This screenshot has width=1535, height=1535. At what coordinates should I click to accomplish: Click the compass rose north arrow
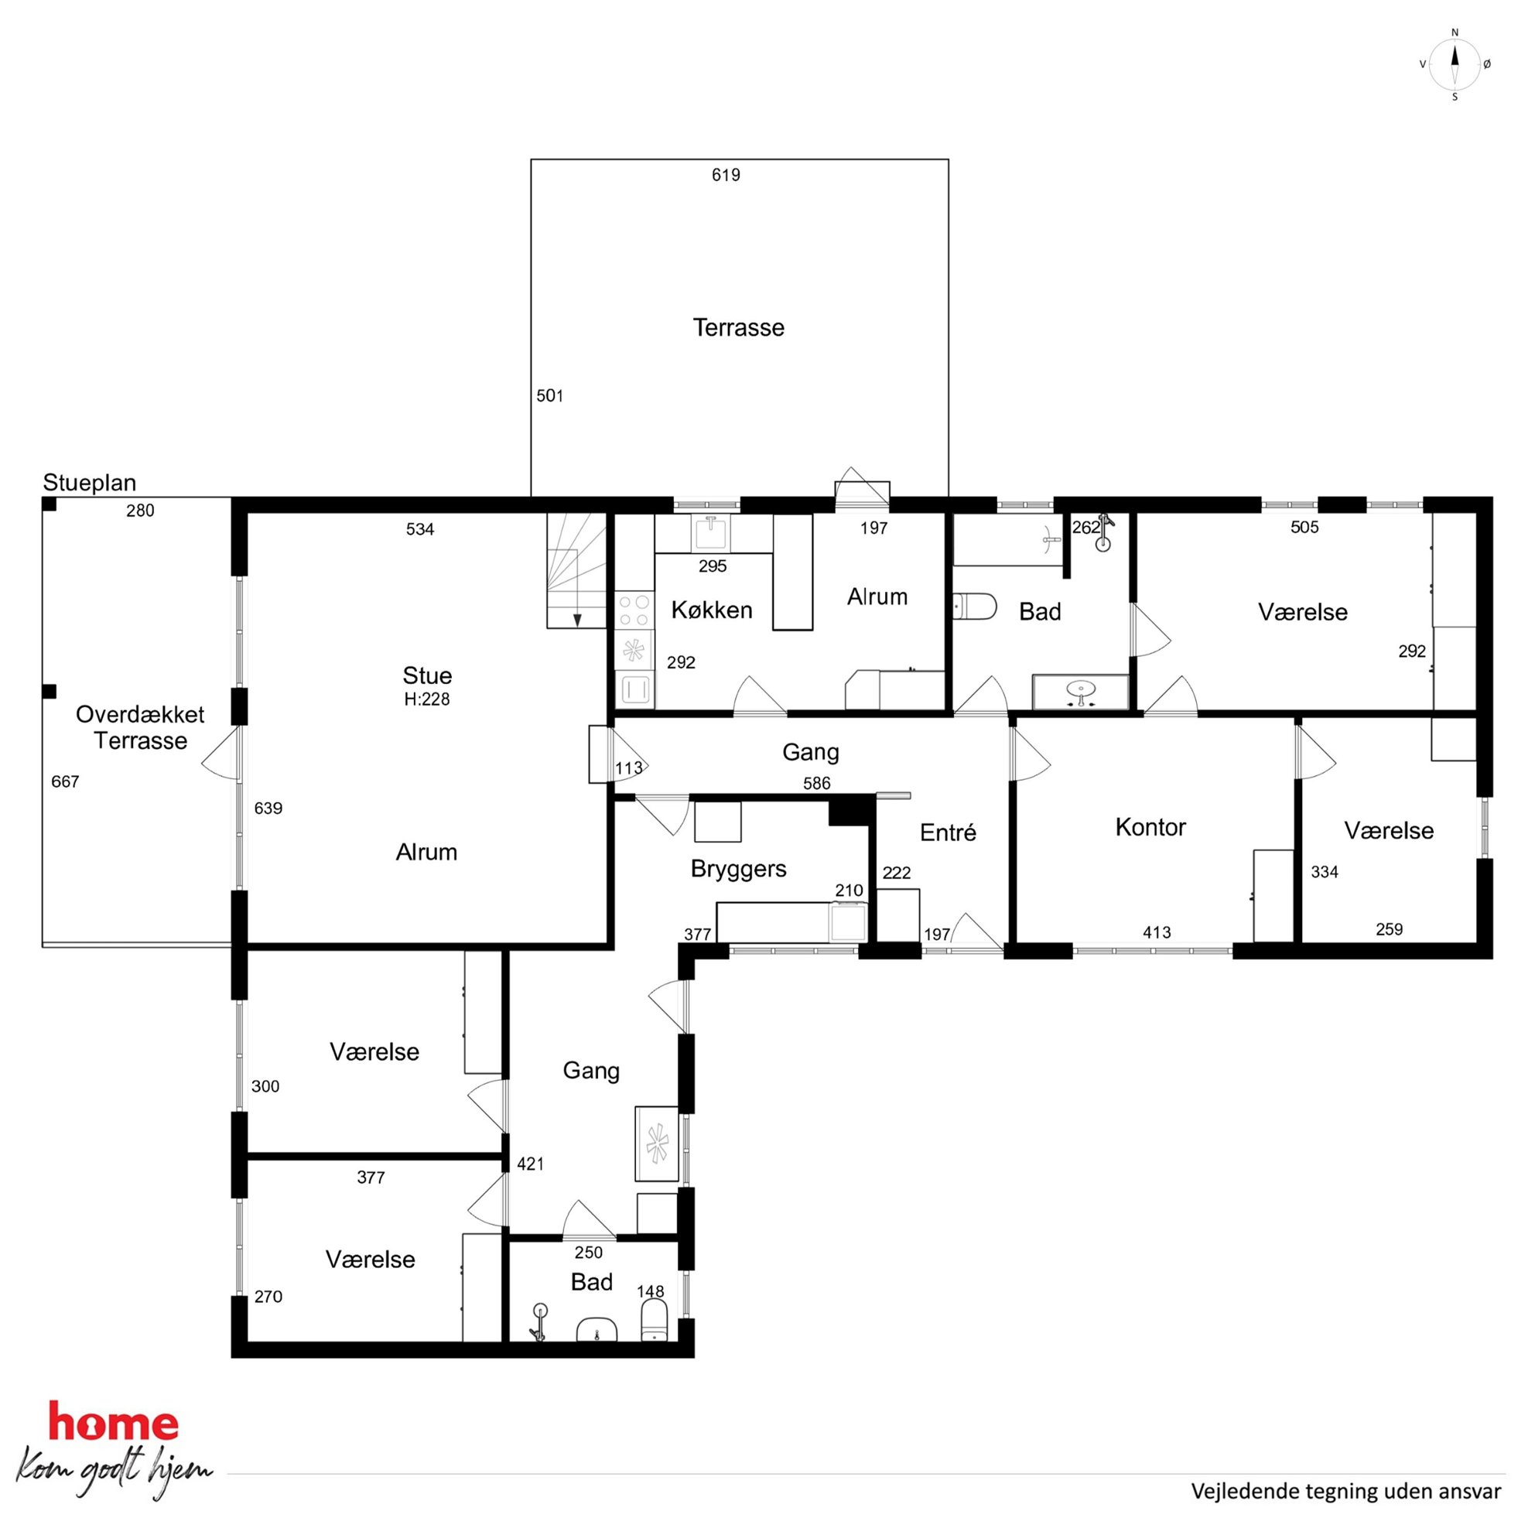(1455, 63)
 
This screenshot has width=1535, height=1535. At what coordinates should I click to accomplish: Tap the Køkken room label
(711, 610)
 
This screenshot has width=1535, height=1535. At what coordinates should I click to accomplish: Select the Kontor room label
(1150, 827)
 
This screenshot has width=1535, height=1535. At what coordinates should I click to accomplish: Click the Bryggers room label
(738, 869)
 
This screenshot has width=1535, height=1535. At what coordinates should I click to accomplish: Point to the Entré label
(947, 832)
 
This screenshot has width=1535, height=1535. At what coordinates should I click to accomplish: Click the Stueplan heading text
(89, 482)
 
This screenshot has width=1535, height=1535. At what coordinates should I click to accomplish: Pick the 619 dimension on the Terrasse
(726, 175)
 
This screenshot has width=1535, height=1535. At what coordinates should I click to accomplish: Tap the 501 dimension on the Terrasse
(549, 395)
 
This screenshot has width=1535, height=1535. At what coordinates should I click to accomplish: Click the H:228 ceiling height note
(426, 699)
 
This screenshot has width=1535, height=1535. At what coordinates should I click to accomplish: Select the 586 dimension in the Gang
(816, 784)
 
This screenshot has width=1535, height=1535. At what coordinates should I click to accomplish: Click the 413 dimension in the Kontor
(1156, 932)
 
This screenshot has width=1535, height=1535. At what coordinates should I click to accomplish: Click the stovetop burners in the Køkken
(634, 611)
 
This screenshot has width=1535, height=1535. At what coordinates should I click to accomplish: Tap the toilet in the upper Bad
(974, 607)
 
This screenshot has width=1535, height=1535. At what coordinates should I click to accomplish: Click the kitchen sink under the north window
(713, 533)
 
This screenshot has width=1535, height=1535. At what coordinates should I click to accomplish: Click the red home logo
(114, 1422)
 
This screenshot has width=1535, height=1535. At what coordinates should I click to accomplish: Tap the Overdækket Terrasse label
(140, 727)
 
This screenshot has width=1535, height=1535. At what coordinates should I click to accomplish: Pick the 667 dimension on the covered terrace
(64, 781)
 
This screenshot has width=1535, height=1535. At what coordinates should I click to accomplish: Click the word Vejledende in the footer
(1238, 1492)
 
